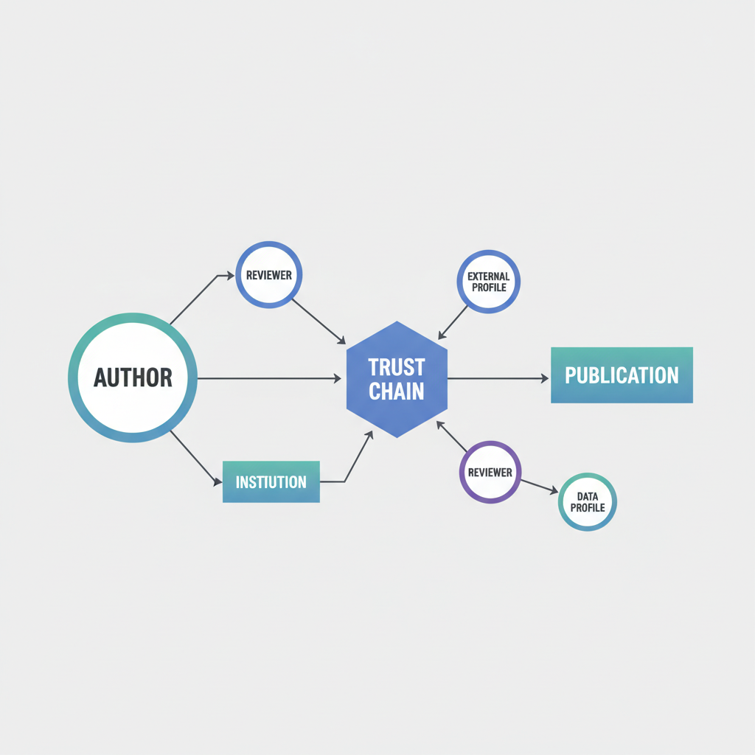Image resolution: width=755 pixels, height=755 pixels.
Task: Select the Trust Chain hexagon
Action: coord(397,380)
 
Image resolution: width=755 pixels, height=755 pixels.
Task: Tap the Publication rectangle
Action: coord(622,375)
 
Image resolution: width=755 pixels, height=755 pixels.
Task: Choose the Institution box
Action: coord(271,482)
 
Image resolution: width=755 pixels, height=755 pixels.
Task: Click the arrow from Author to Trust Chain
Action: coord(269,378)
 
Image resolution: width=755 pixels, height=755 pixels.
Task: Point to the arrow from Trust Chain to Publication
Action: coord(498,378)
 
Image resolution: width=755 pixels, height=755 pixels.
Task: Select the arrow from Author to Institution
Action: coord(196,458)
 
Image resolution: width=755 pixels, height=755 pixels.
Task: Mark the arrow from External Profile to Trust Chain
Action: coord(453,322)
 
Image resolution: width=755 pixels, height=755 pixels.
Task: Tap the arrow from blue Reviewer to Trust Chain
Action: coord(319,321)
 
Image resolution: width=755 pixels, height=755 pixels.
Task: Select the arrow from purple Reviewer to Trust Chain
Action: coord(452,436)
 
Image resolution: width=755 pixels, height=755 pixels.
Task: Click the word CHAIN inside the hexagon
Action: coord(396,392)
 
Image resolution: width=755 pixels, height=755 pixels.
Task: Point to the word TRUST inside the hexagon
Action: coord(397,367)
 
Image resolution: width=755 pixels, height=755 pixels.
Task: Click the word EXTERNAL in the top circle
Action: coord(489,276)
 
